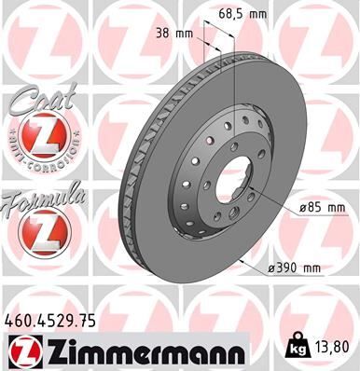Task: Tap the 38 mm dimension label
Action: [x=175, y=33]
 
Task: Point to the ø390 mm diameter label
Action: [x=294, y=269]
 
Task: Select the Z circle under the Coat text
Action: [x=37, y=137]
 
